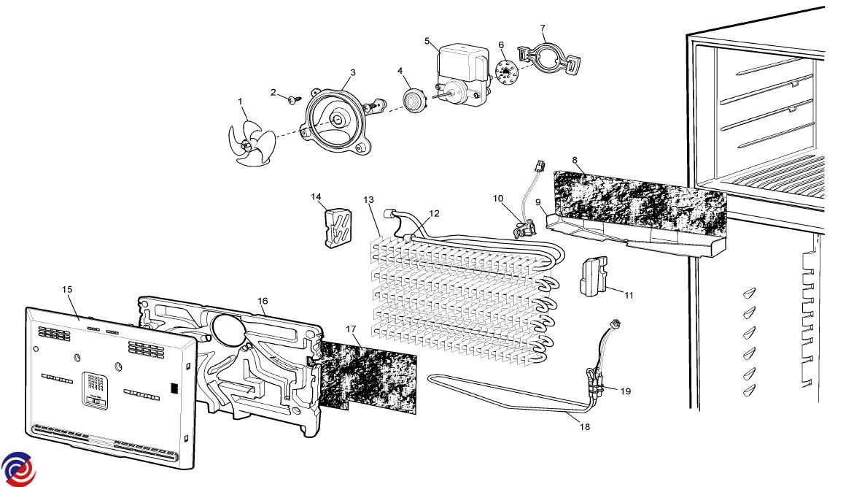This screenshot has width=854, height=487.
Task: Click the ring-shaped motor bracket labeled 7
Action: click(x=548, y=58)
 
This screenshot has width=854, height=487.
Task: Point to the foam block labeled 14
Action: click(x=335, y=227)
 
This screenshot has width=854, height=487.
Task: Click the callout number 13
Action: click(x=368, y=200)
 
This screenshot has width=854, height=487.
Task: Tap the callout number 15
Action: click(x=66, y=290)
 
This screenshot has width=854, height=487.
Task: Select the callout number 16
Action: click(x=263, y=301)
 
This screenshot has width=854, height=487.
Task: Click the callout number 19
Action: click(x=625, y=391)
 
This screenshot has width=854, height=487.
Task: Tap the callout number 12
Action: click(x=434, y=213)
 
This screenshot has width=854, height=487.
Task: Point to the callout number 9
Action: click(x=537, y=202)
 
